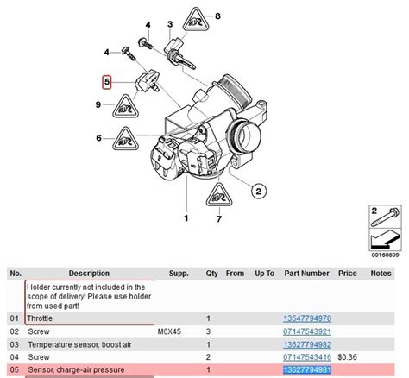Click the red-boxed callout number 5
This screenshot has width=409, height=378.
(107, 84)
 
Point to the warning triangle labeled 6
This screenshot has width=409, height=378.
(127, 137)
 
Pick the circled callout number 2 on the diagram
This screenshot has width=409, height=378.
(258, 192)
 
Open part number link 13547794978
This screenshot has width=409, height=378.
(306, 318)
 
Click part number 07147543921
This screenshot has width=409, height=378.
(306, 331)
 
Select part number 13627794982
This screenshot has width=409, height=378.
(306, 344)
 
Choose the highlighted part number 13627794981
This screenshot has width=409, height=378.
(306, 370)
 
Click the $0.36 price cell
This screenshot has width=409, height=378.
(348, 357)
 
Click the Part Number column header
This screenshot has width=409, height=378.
(306, 273)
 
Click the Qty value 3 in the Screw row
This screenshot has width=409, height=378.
(208, 331)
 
